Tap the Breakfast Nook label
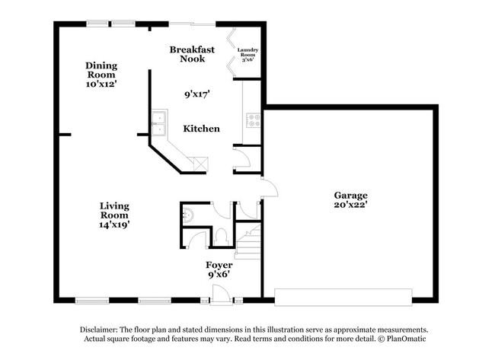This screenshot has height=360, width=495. (x=192, y=54)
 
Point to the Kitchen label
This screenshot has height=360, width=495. (x=201, y=129)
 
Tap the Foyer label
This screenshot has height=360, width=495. (x=219, y=265)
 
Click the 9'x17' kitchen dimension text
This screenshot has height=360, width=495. (x=197, y=95)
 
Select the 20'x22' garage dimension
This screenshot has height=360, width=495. (x=350, y=205)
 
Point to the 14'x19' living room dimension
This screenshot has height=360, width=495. (x=114, y=225)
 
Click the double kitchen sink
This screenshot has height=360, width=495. (x=160, y=123)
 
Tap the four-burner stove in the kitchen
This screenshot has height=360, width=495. (x=253, y=119)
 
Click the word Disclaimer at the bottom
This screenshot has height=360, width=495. (x=102, y=330)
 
